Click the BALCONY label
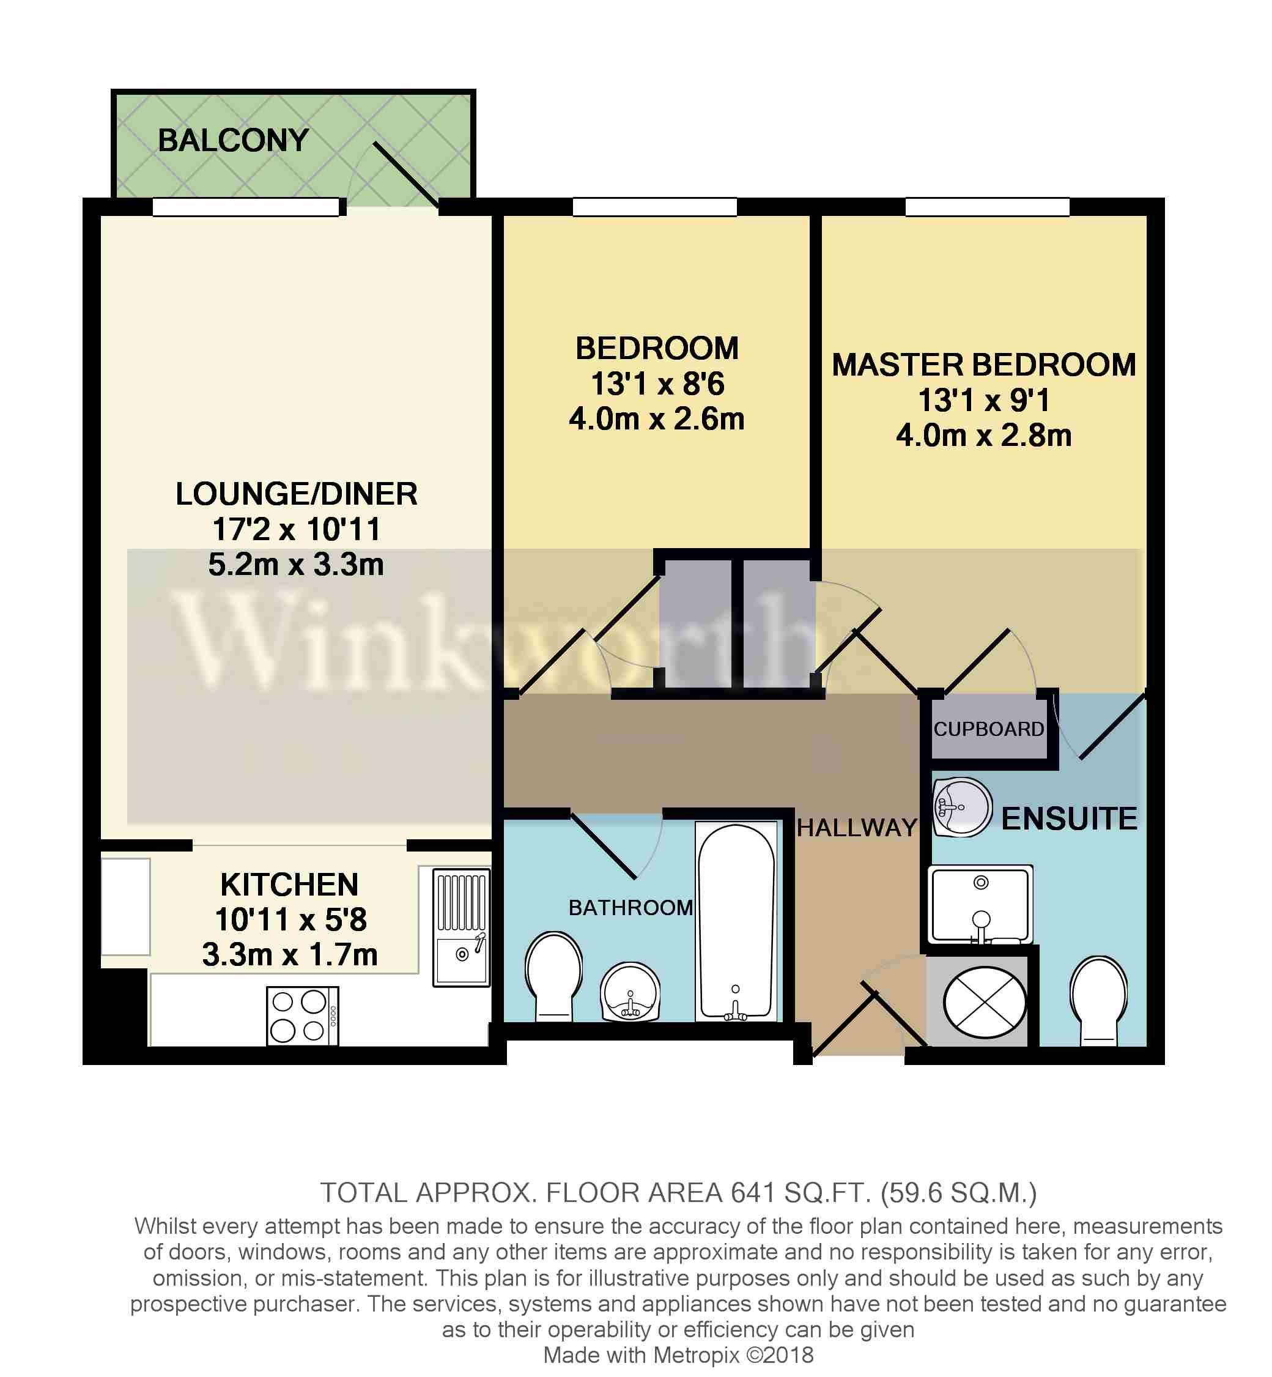pyautogui.click(x=234, y=141)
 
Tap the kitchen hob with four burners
pyautogui.click(x=302, y=1016)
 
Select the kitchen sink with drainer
pyautogui.click(x=462, y=927)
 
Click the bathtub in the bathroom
pyautogui.click(x=736, y=922)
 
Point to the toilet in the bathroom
pyautogui.click(x=553, y=976)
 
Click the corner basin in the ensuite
pyautogui.click(x=961, y=807)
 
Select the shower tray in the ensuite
pyautogui.click(x=981, y=904)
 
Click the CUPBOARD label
pyautogui.click(x=988, y=729)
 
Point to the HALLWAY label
pyautogui.click(x=857, y=828)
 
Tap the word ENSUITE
pyautogui.click(x=1069, y=818)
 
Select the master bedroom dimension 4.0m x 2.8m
pyautogui.click(x=983, y=435)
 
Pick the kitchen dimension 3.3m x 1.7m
pyautogui.click(x=290, y=954)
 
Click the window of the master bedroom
pyautogui.click(x=987, y=207)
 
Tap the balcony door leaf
pyautogui.click(x=406, y=175)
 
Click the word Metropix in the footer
pyautogui.click(x=696, y=1355)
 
